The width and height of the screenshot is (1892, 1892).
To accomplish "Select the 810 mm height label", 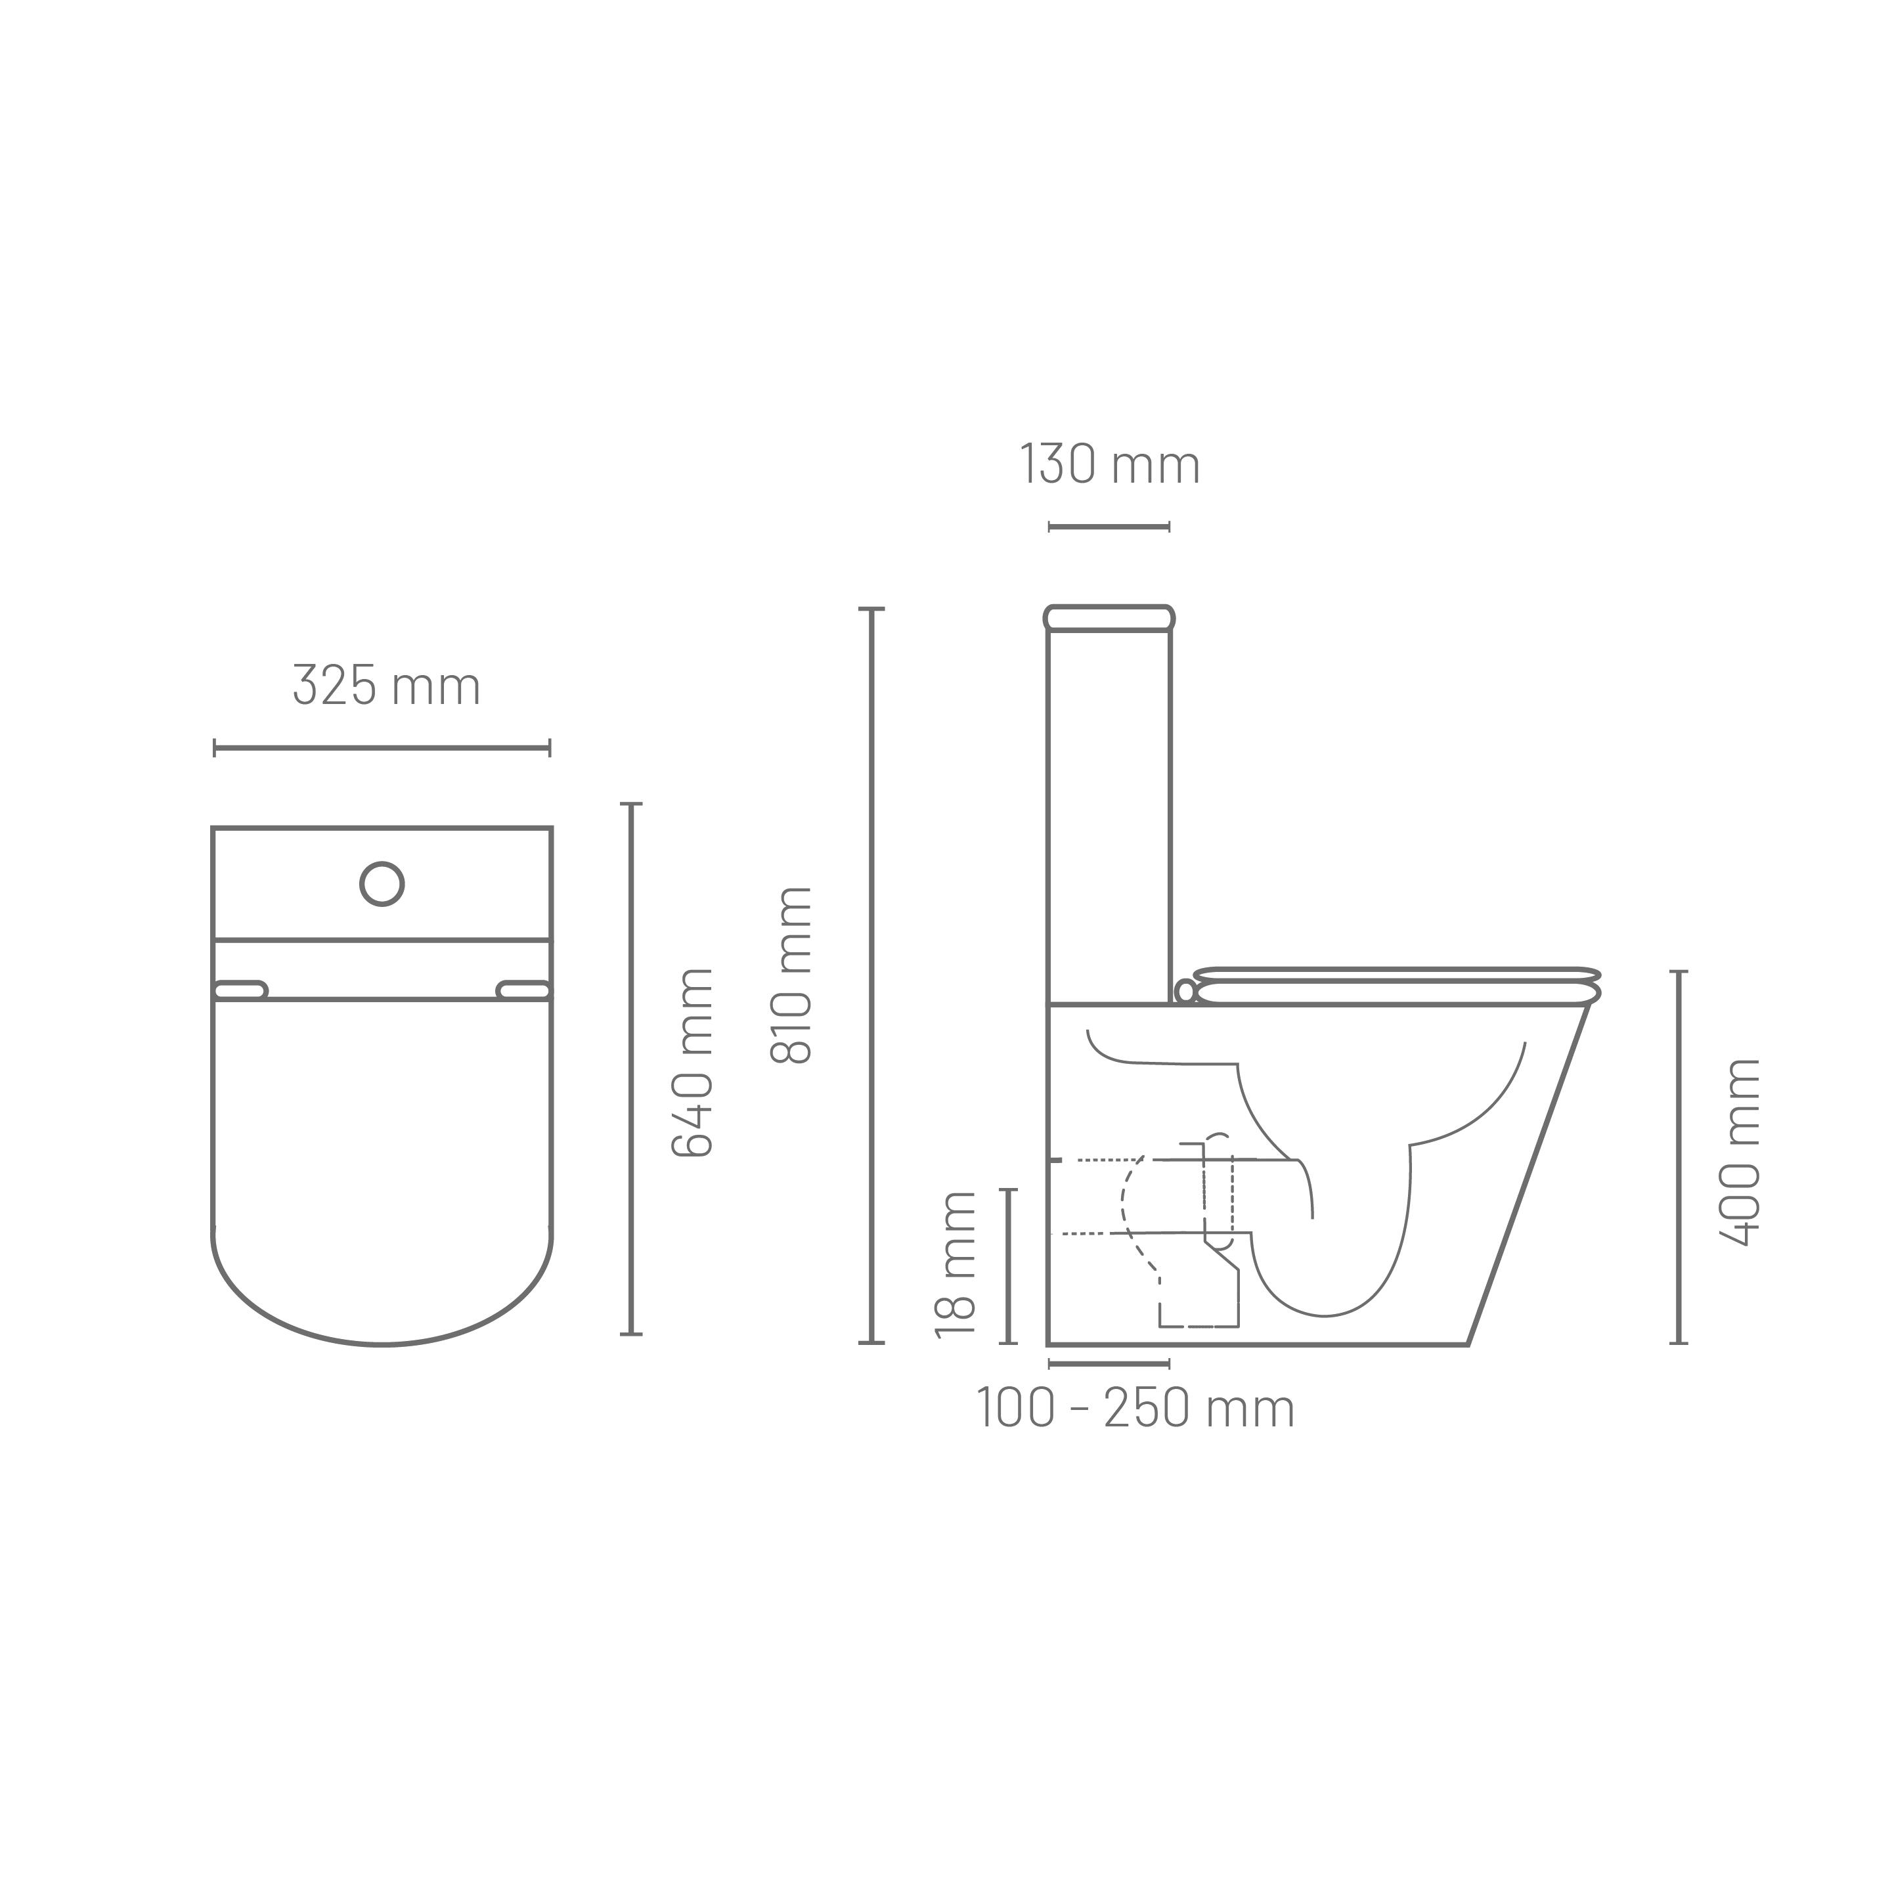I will point(791,975).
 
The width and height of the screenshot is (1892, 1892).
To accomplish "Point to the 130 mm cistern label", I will point(1110,464).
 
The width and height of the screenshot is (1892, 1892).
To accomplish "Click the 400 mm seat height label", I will point(1739,1152).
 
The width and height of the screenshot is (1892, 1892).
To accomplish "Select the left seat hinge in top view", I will point(240,990).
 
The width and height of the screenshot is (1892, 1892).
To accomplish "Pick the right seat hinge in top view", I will point(524,990).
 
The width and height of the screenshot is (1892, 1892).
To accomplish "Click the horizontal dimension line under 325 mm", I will point(382,748).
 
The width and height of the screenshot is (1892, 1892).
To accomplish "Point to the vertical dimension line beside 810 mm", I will point(871,975).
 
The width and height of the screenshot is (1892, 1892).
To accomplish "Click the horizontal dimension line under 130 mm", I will point(1109,527).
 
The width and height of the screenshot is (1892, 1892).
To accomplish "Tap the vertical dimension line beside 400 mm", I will point(1679,1156).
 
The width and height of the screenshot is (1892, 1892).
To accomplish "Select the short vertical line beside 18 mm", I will point(1009,1265).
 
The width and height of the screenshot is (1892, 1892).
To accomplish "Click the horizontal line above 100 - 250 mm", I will point(1109,1363).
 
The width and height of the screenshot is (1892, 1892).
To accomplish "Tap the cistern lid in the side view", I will point(1110,618).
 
